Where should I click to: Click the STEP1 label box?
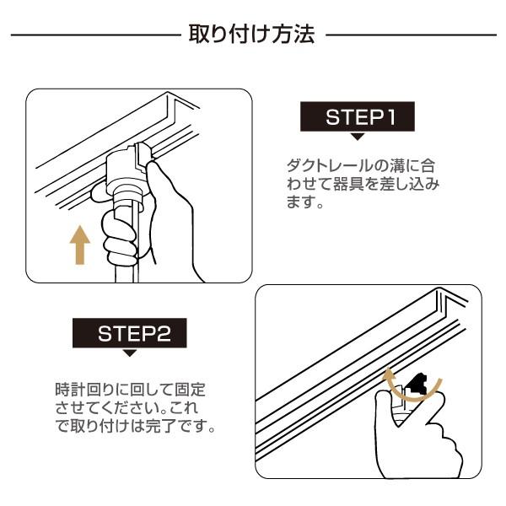pyautogui.click(x=358, y=117)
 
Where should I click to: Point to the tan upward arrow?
pyautogui.click(x=79, y=245)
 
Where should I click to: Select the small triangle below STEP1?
pyautogui.click(x=358, y=136)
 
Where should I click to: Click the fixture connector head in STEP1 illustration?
pyautogui.click(x=132, y=164)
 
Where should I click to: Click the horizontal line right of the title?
pyautogui.click(x=411, y=35)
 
